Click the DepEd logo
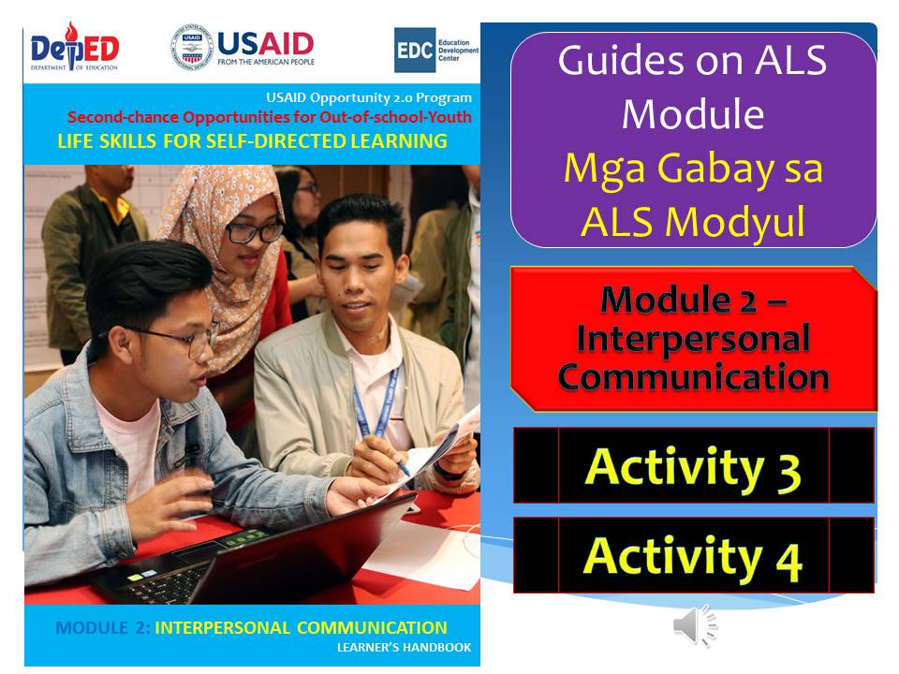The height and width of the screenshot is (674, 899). (74, 50)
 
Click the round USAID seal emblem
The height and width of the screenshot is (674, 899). (190, 48)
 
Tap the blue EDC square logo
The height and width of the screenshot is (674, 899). (412, 49)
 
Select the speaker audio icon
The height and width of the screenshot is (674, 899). (694, 625)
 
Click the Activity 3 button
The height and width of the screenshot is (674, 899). (693, 466)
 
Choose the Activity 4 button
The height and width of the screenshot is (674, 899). (693, 556)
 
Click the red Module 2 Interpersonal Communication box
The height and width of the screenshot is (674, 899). (693, 339)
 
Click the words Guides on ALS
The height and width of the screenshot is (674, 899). (693, 62)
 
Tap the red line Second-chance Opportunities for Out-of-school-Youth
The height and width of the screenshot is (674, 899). (270, 118)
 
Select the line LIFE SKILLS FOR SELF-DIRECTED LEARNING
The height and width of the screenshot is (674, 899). (252, 141)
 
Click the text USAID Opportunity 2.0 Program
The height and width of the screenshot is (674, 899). (369, 97)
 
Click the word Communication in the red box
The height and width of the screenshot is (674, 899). (693, 376)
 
